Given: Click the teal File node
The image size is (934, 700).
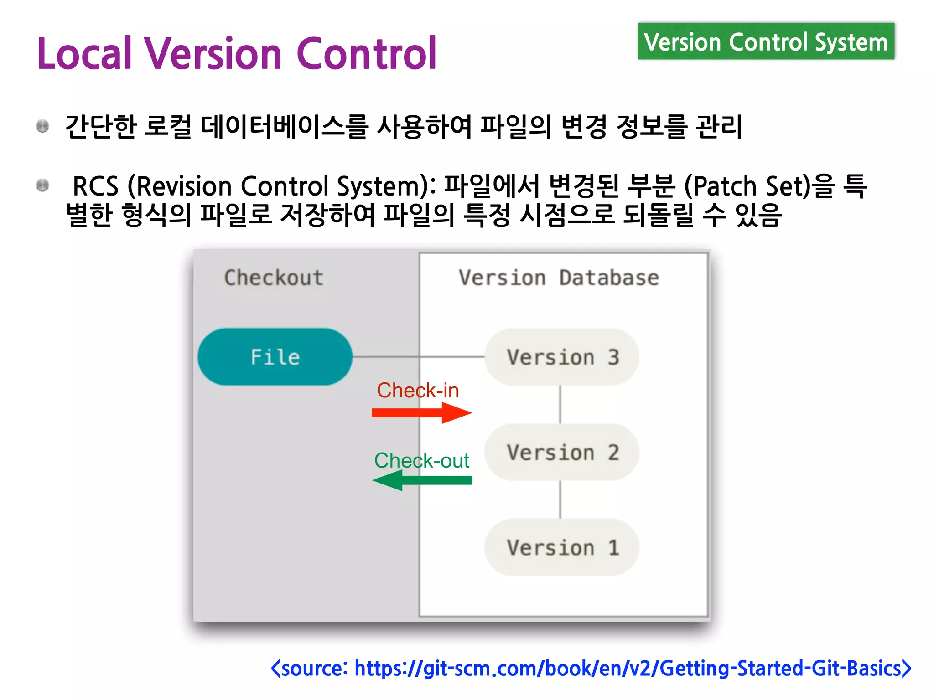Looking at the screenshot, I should pos(275,357).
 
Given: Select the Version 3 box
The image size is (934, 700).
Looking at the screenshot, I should pos(562,357).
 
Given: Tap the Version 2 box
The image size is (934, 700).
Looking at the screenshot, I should pos(562,452).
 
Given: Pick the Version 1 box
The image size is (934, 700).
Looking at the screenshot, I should pos(562,547).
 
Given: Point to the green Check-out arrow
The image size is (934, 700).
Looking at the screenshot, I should pos(422,480).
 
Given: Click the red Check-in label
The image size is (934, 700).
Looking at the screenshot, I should pos(418,391).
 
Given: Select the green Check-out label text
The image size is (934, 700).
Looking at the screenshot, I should pos(421,460).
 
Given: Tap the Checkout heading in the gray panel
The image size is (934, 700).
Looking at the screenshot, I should pos(274,278).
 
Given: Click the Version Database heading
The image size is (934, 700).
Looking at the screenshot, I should pos(559,278).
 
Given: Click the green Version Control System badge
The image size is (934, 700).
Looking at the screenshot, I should pos(766,42).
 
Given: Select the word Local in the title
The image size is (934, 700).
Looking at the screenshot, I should pos(85,54).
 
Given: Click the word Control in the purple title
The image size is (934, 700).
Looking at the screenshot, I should pos(367,54).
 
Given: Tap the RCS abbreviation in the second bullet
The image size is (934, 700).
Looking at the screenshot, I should pos(95,186).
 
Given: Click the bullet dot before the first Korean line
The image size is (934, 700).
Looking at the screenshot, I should pos(43,126).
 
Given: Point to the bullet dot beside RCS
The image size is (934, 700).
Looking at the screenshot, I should pos(43,185).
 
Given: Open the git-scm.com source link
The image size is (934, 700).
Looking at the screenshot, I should pos(591,668).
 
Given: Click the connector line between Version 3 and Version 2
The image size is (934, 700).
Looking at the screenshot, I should pos(560,405).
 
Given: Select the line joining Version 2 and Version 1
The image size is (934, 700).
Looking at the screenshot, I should pos(560,499).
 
